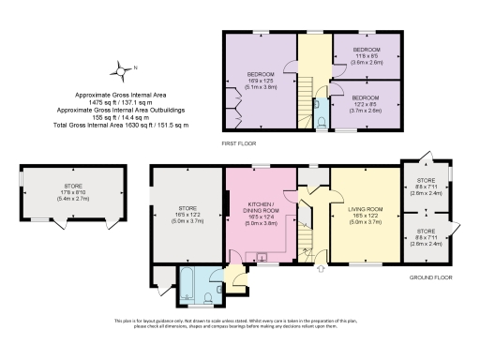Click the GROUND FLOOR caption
(431, 278)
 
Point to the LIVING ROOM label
(366, 208)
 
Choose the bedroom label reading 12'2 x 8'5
(367, 101)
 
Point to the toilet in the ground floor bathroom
(207, 299)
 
